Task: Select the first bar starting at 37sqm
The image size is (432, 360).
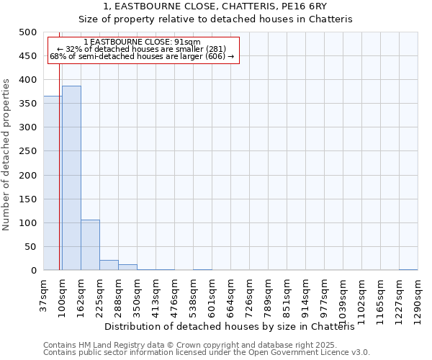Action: (x=52, y=183)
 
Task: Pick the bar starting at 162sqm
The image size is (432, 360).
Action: (x=90, y=245)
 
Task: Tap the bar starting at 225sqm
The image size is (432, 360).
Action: (x=109, y=265)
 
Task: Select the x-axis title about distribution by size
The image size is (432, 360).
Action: (x=230, y=326)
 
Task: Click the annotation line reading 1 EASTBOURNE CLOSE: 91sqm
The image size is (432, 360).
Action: (x=142, y=42)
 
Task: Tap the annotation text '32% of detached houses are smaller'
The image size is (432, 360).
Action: (x=142, y=49)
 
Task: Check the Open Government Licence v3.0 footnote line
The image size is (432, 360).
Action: (x=207, y=353)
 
